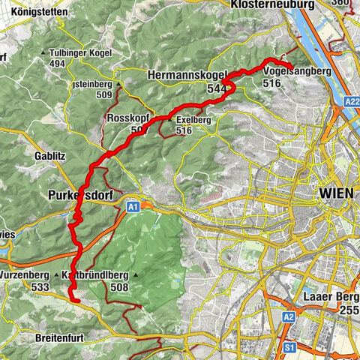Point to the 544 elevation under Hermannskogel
tap(217, 88)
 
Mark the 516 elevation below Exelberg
tap(184, 130)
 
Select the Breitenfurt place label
tap(62, 338)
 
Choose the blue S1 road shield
tap(288, 347)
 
